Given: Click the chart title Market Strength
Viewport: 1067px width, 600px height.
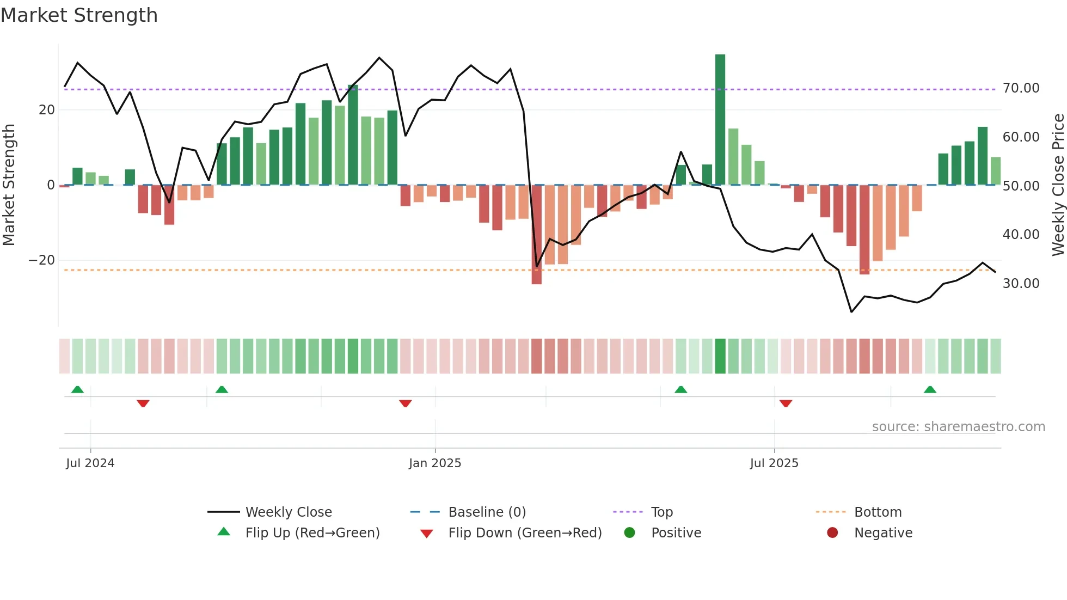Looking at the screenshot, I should pyautogui.click(x=79, y=15).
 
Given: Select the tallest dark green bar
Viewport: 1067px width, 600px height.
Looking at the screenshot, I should pyautogui.click(x=720, y=120).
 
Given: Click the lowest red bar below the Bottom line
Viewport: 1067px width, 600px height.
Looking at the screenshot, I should pyautogui.click(x=536, y=234).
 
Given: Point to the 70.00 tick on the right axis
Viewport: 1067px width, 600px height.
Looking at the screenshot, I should pyautogui.click(x=1021, y=88).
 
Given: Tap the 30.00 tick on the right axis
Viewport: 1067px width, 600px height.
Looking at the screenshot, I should pyautogui.click(x=1021, y=284).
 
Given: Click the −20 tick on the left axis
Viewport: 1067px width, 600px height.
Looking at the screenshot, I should pyautogui.click(x=42, y=260).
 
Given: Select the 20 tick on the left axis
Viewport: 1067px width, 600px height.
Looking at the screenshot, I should pyautogui.click(x=47, y=110).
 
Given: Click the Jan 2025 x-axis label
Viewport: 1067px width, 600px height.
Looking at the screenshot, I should pyautogui.click(x=435, y=463).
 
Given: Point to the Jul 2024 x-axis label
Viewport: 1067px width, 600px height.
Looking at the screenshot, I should pyautogui.click(x=90, y=463).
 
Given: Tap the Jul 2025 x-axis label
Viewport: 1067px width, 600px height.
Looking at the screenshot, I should pyautogui.click(x=774, y=463).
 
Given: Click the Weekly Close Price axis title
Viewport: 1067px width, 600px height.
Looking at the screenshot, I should pyautogui.click(x=1058, y=185).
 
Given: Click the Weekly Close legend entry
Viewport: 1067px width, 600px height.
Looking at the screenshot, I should pyautogui.click(x=288, y=512).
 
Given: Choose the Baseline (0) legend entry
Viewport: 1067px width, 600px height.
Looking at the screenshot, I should pyautogui.click(x=487, y=512).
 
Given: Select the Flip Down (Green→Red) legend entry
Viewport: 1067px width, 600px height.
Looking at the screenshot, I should pyautogui.click(x=525, y=533).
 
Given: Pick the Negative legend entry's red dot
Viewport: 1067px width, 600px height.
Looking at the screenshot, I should pyautogui.click(x=832, y=533).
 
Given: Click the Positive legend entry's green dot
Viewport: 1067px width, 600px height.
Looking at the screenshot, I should pyautogui.click(x=629, y=533).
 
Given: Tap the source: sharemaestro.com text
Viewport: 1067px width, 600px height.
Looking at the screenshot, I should pyautogui.click(x=958, y=427).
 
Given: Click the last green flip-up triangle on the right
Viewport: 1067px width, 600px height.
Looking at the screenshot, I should pyautogui.click(x=930, y=390).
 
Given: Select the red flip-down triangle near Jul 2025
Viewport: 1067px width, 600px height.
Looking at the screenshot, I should pyautogui.click(x=786, y=403).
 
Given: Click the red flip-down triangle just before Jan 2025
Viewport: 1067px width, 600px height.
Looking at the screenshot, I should pyautogui.click(x=405, y=403).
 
